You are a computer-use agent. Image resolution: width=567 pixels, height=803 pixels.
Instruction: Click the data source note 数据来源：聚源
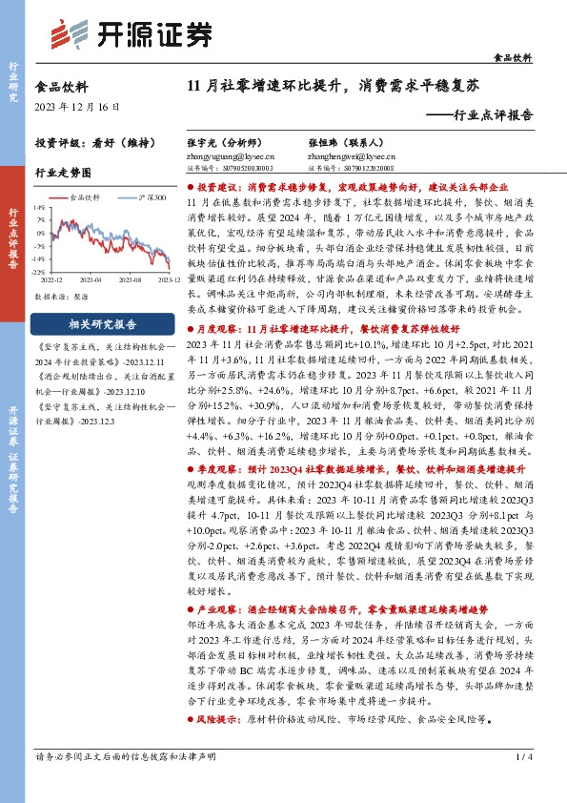coord(62,297)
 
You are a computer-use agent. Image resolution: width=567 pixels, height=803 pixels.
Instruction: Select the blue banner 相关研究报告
coord(103,323)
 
